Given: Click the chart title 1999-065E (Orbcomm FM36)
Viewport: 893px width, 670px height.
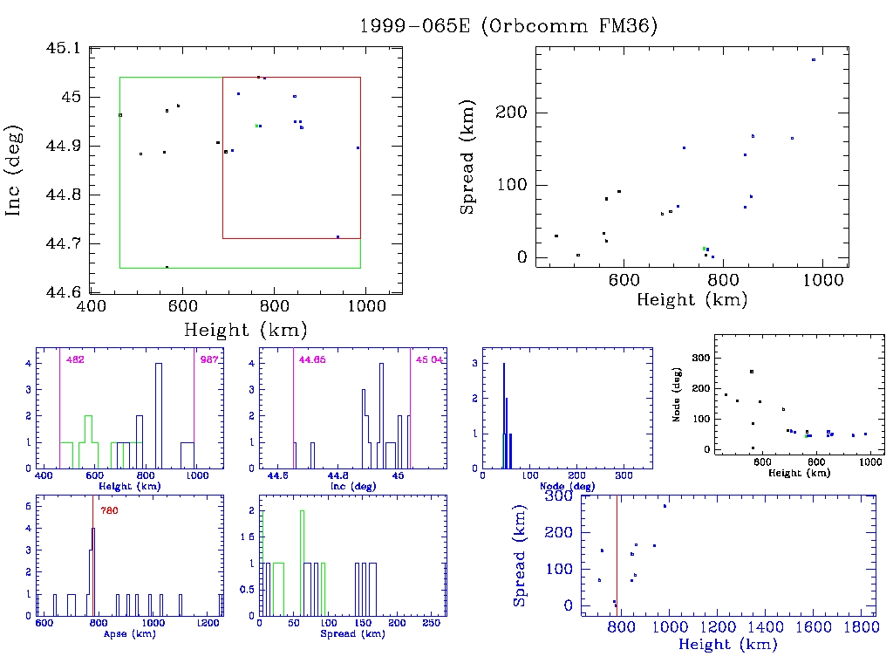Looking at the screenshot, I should [508, 26].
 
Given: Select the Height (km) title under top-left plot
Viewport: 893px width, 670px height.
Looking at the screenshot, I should [245, 330].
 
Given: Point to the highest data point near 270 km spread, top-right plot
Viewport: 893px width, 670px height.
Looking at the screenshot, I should [814, 60].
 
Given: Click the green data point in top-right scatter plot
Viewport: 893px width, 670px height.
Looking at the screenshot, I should [704, 249].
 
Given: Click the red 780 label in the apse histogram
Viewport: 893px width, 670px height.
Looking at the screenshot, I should [109, 510].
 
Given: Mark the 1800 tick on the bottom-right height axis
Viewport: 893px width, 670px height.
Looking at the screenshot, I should [861, 626].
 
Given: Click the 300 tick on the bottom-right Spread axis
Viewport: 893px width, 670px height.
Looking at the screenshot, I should [561, 496].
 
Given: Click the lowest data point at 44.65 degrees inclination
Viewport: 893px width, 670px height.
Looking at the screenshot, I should [167, 267].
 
